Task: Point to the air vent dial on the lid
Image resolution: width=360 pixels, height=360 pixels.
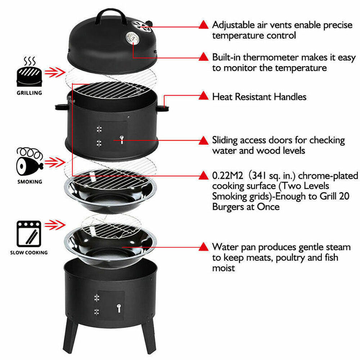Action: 141,26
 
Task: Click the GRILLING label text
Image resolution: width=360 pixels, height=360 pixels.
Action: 29,93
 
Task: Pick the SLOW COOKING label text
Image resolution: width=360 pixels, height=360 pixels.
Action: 29,252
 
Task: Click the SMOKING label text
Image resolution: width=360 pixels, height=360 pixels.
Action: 30,182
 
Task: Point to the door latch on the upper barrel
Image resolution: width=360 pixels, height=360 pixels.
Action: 121,138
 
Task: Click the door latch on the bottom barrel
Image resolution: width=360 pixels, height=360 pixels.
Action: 118,307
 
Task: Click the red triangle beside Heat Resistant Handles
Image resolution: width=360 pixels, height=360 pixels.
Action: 203,96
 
